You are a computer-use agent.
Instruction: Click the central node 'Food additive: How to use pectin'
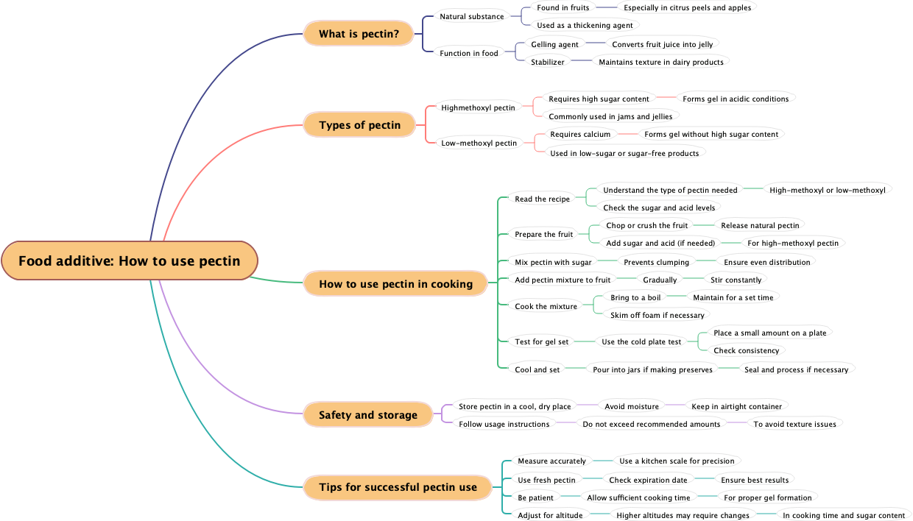(130, 260)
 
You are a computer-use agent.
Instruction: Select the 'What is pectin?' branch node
(359, 34)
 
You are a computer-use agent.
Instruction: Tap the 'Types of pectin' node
(360, 125)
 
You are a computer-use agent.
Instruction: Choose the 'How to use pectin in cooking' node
(395, 284)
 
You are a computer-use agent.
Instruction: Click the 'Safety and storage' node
(367, 415)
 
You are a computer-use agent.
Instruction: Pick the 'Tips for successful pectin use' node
(398, 487)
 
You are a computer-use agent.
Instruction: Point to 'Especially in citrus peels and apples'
(687, 8)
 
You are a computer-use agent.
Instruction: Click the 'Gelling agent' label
(554, 44)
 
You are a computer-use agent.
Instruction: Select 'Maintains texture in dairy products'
(660, 63)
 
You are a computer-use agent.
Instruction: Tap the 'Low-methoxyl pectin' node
(479, 143)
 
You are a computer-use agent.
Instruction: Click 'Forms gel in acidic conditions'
(735, 99)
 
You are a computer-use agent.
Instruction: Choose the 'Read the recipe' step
(542, 199)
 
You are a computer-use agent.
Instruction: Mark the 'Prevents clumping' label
(656, 262)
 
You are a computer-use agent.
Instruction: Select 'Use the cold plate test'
(641, 341)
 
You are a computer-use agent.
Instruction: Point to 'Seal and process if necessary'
(796, 369)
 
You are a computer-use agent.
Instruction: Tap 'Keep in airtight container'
(736, 406)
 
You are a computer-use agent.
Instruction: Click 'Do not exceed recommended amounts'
(651, 424)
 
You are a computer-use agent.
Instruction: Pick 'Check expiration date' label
(648, 480)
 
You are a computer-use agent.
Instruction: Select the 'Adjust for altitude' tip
(550, 515)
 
